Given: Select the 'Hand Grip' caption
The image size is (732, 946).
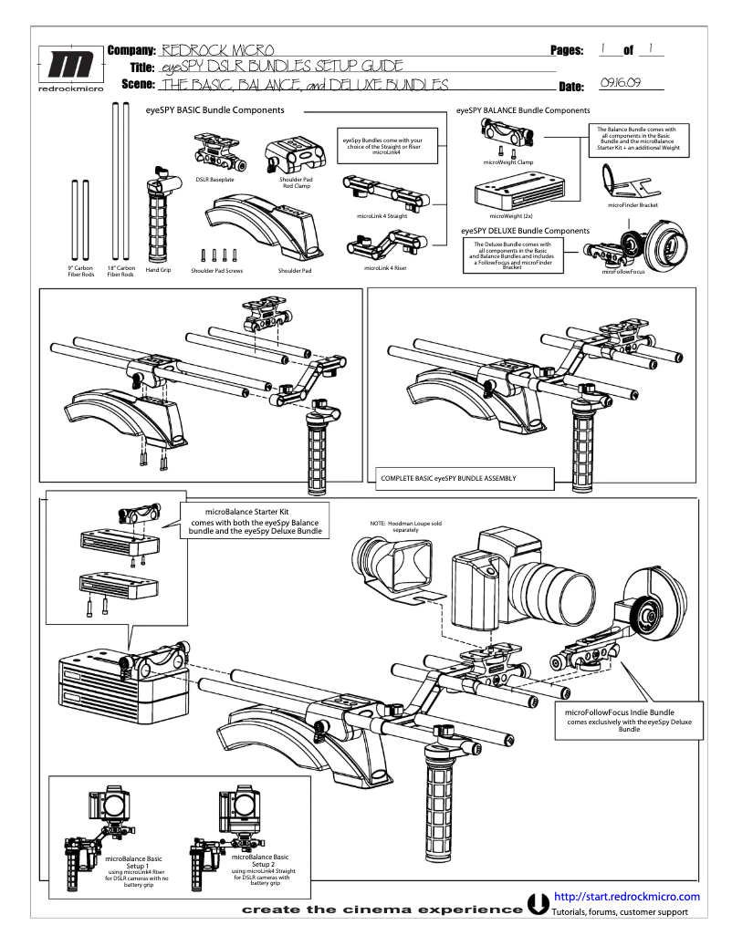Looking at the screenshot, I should point(160,269).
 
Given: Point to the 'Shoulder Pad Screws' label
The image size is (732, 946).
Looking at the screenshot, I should point(217,271).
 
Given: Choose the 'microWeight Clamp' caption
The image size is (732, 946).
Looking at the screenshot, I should point(508,161).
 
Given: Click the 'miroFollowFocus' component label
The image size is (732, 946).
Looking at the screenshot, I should point(629,272).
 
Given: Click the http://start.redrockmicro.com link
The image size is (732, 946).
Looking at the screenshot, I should point(626,897).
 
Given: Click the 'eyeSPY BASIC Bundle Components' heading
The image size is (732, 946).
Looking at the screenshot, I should point(214,109).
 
